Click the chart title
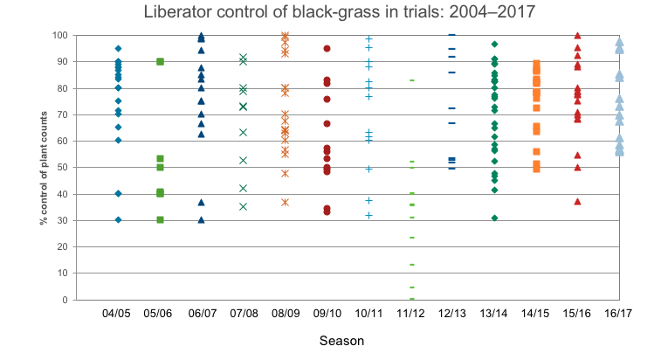point(340,12)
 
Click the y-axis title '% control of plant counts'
point(44,168)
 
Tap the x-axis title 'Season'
point(341,341)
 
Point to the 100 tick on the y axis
point(60,36)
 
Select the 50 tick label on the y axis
point(62,168)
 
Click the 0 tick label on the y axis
point(65,300)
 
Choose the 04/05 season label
point(116,314)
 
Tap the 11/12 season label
point(410,314)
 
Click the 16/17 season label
point(618,314)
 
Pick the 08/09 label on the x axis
point(286,314)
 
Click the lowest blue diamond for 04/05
point(119,220)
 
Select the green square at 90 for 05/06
point(160,62)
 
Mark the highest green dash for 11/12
point(412,80)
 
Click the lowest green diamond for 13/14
point(495,218)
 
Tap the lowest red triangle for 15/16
point(577,202)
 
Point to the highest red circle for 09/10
point(327,49)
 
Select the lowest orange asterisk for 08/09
point(286,203)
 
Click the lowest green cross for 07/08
point(244,207)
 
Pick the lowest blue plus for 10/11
point(368,216)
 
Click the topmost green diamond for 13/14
point(495,45)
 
